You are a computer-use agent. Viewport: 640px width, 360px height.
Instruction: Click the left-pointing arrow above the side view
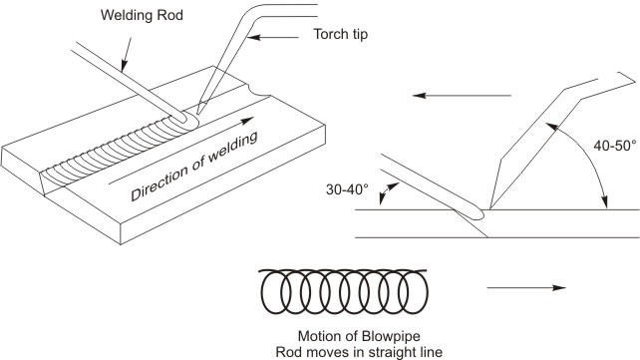pyautogui.click(x=463, y=96)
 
